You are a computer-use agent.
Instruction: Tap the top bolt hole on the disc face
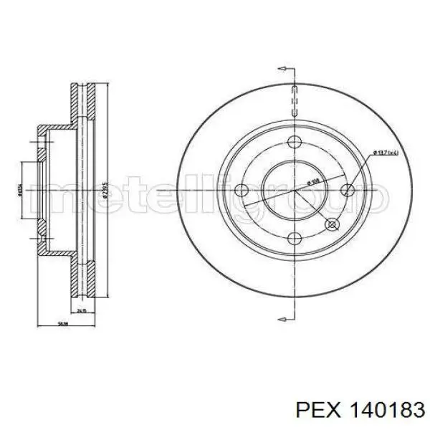tap(295, 141)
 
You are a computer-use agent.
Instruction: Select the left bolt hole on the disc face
tap(242, 191)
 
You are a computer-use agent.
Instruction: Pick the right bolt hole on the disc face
tap(348, 191)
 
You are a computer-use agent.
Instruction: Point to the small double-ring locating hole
tap(332, 225)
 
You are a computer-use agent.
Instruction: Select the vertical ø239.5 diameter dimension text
tap(106, 192)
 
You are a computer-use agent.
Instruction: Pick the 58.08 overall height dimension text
tap(63, 324)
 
